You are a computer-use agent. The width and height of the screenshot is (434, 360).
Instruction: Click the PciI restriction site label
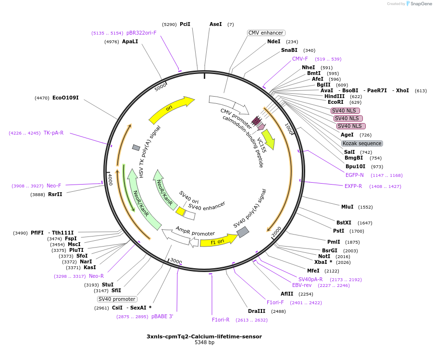coord(185,24)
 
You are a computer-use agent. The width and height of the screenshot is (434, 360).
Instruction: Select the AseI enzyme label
coord(216,24)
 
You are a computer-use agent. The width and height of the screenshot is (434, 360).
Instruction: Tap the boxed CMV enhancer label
coord(266,33)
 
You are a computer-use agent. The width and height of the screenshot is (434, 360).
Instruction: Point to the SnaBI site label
coord(289,50)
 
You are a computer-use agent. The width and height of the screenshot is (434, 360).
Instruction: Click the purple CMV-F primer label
coord(300,59)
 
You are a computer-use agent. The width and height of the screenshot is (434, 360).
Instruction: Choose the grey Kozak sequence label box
coord(362,143)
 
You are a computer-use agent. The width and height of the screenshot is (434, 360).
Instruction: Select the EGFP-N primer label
coord(355,175)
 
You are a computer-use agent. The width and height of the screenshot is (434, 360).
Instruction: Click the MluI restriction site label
coord(347,207)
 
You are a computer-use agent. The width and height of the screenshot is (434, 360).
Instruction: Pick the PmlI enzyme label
coord(334,242)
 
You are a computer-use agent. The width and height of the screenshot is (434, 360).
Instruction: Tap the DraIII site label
coord(256,311)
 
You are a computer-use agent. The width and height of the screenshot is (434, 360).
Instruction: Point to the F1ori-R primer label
coord(221,320)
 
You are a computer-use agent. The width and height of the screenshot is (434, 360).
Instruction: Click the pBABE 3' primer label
coord(162,316)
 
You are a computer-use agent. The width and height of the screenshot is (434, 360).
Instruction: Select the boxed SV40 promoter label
coord(117,299)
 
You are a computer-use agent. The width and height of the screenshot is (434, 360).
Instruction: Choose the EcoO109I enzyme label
coord(65,98)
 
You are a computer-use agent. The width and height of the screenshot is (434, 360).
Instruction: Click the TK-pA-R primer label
coord(53,133)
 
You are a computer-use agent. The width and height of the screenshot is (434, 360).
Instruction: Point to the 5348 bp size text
coord(204,343)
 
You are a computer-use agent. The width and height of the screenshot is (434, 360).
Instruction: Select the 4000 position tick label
coord(110,178)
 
